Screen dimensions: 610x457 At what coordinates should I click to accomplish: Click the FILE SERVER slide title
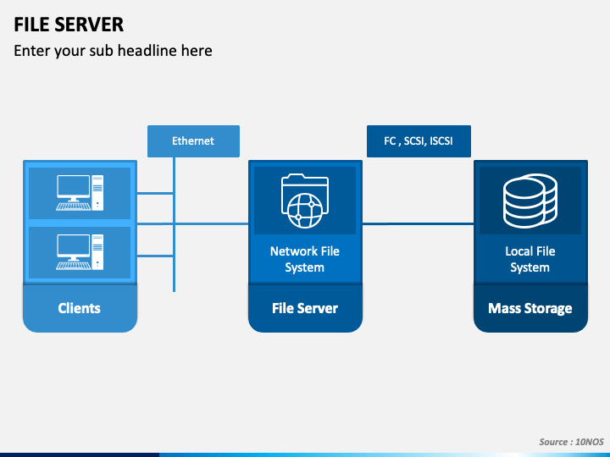[x=69, y=25]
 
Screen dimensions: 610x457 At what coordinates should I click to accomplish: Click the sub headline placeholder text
[x=113, y=51]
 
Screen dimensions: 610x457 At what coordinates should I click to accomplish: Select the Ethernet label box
[x=193, y=141]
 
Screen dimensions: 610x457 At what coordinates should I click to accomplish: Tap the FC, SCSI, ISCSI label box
[x=419, y=141]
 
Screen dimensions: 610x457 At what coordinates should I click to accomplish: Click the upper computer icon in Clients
[x=80, y=193]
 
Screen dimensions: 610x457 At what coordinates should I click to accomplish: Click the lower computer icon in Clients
[x=80, y=252]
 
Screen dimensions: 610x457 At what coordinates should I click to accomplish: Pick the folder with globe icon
[x=305, y=201]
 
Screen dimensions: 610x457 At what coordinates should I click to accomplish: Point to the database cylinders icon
[x=530, y=201]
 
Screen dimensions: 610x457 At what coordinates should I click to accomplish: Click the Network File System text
[x=305, y=259]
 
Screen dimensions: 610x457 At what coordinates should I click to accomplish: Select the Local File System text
[x=530, y=259]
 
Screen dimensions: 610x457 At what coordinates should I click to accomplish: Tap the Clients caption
[x=80, y=308]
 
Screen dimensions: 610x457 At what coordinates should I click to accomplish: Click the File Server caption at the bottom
[x=305, y=308]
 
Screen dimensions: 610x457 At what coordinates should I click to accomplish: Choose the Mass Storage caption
[x=530, y=308]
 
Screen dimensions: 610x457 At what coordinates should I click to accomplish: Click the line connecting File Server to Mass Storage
[x=419, y=223]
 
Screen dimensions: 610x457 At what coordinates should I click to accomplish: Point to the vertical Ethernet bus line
[x=174, y=224]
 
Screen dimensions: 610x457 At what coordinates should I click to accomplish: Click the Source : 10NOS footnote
[x=571, y=442]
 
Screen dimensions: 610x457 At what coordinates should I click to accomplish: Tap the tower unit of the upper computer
[x=97, y=193]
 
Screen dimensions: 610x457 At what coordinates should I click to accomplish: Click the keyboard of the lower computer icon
[x=73, y=266]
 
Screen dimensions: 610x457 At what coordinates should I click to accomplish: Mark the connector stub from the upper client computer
[x=155, y=193]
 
